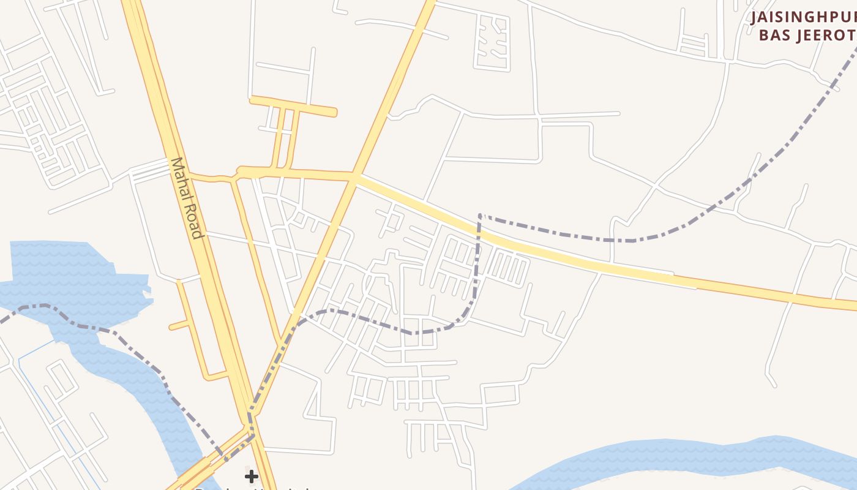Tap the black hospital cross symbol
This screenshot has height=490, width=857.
(x=251, y=476)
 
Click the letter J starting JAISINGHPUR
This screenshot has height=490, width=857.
(x=755, y=17)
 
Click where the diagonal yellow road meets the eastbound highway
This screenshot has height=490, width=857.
(x=354, y=177)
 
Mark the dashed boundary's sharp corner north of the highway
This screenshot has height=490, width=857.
(x=480, y=215)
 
